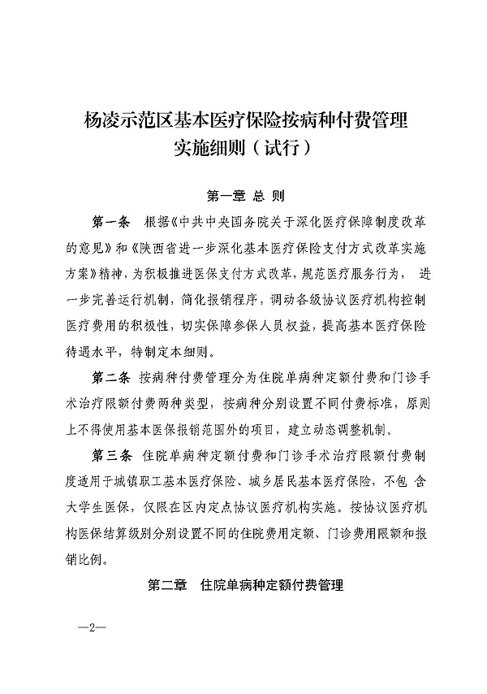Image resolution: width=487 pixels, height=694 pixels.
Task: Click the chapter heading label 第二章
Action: (x=166, y=584)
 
